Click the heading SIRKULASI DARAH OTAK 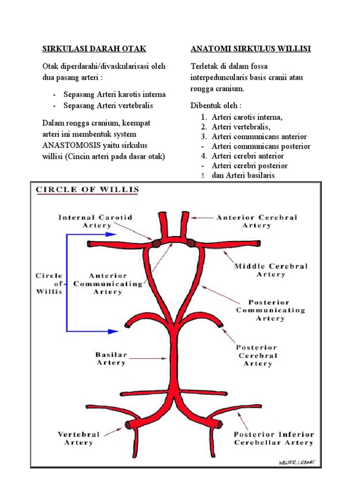(x=94, y=49)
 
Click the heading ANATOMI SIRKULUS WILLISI (x=251, y=49)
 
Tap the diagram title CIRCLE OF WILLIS (x=88, y=190)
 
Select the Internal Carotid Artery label (x=96, y=221)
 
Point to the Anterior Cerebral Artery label (x=256, y=221)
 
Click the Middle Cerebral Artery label (x=271, y=270)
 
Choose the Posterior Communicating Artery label (x=270, y=310)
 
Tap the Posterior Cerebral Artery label (x=257, y=355)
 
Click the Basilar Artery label (x=111, y=359)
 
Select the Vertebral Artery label (x=79, y=438)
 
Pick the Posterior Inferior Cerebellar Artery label (x=274, y=438)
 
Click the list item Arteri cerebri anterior (x=247, y=156)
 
